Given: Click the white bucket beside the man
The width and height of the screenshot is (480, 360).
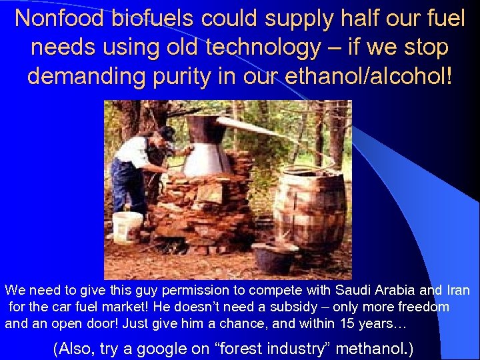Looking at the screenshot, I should tap(127, 227).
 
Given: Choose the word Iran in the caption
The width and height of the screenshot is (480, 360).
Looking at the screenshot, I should tap(457, 291).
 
